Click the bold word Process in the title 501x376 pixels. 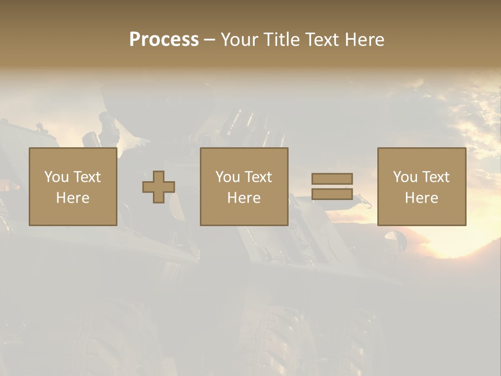click(x=164, y=40)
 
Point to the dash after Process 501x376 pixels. click(x=209, y=40)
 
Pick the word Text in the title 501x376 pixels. click(x=320, y=40)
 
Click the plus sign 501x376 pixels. click(x=159, y=187)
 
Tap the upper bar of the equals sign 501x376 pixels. click(x=332, y=179)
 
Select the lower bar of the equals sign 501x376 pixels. click(x=332, y=194)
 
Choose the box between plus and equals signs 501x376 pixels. click(x=244, y=186)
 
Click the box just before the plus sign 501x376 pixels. click(x=73, y=186)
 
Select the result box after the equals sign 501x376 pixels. click(x=421, y=186)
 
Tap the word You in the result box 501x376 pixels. click(x=405, y=177)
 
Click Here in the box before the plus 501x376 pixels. click(x=73, y=197)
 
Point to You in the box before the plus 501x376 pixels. click(x=56, y=177)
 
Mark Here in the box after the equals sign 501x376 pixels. click(x=421, y=197)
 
